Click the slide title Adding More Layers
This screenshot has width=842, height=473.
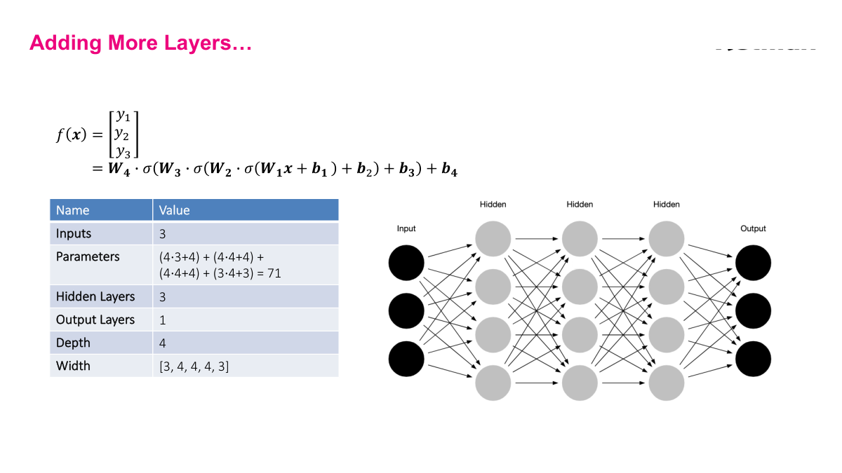(140, 43)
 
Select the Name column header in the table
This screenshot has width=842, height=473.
(73, 210)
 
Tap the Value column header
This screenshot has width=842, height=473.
(174, 210)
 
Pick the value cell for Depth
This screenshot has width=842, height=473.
(163, 343)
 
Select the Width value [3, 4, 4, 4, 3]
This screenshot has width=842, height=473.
(194, 366)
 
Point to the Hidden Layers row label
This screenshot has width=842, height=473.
(95, 296)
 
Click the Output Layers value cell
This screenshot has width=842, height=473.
(163, 320)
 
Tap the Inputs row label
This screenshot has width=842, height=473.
(74, 233)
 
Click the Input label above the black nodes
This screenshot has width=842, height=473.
(406, 228)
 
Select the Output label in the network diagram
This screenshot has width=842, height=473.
(753, 228)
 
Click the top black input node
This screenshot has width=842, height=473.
(406, 263)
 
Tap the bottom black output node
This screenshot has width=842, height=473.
(753, 358)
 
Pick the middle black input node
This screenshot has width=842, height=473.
(406, 310)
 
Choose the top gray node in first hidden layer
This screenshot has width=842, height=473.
(493, 239)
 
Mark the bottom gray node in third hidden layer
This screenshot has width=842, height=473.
(666, 382)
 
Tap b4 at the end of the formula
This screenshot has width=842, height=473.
(450, 170)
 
